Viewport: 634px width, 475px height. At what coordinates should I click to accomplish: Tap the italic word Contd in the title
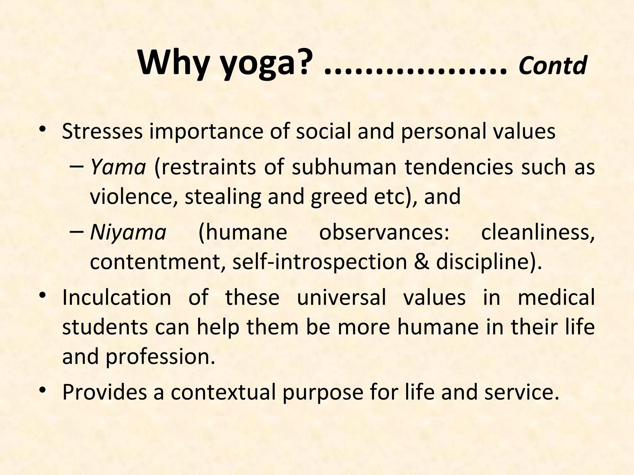[x=553, y=66]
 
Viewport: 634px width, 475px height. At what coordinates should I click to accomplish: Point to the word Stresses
[x=102, y=131]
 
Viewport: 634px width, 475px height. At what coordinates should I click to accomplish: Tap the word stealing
[x=223, y=197]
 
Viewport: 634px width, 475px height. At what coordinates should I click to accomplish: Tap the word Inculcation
[x=116, y=297]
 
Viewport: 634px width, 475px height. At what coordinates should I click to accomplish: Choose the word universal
[x=341, y=297]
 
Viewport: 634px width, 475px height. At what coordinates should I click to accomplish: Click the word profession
[x=160, y=357]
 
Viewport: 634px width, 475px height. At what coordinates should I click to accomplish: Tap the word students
[x=105, y=327]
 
